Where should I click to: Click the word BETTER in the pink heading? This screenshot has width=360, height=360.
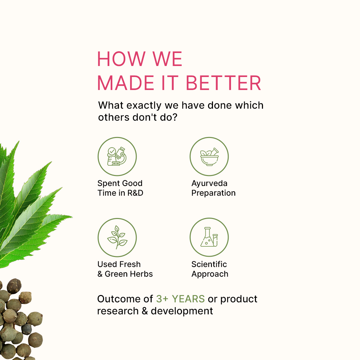[223, 83]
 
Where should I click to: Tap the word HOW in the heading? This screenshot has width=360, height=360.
[121, 59]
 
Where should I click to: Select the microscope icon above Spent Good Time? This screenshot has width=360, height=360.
[117, 156]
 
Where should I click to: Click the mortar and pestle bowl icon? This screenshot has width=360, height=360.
[209, 157]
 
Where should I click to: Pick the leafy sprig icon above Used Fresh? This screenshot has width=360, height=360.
[117, 237]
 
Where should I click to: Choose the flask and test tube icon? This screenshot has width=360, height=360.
[209, 237]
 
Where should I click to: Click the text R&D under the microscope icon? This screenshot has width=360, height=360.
[135, 193]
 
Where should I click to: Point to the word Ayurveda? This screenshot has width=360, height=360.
[209, 183]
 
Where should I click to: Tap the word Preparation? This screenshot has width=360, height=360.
[214, 193]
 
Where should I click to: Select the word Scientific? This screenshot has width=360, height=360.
[209, 264]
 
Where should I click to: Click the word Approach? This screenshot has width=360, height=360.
[210, 274]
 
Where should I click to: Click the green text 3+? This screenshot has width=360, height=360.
[162, 299]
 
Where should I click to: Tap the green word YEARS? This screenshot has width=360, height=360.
[188, 299]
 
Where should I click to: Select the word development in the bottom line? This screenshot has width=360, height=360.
[182, 311]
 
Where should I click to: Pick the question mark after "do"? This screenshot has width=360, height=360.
[174, 117]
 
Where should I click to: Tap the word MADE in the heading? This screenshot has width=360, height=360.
[126, 83]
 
